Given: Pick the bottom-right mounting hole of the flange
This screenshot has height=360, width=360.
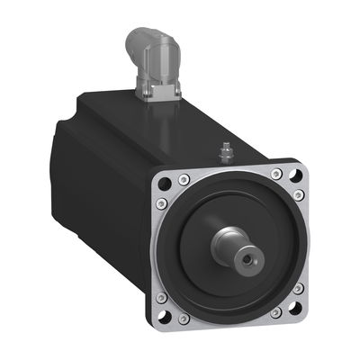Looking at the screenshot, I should (295, 310).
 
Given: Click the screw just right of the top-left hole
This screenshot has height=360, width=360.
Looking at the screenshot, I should (183, 176).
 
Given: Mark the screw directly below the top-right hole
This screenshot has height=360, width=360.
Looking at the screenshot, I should (299, 195).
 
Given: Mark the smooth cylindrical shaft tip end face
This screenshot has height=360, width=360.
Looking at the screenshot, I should (243, 256).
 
